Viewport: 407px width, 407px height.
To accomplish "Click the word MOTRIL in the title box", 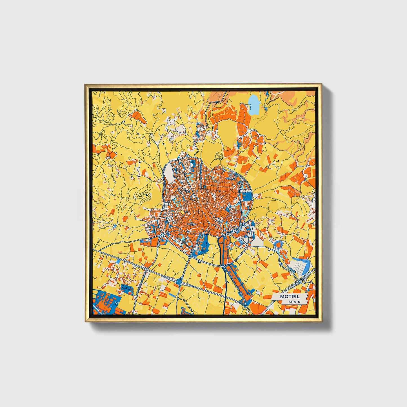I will [x=289, y=297].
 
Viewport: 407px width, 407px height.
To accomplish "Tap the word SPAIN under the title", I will [x=294, y=302].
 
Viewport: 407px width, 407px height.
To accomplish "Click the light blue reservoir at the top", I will [x=254, y=104].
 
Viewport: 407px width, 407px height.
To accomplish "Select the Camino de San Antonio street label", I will [x=164, y=180].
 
